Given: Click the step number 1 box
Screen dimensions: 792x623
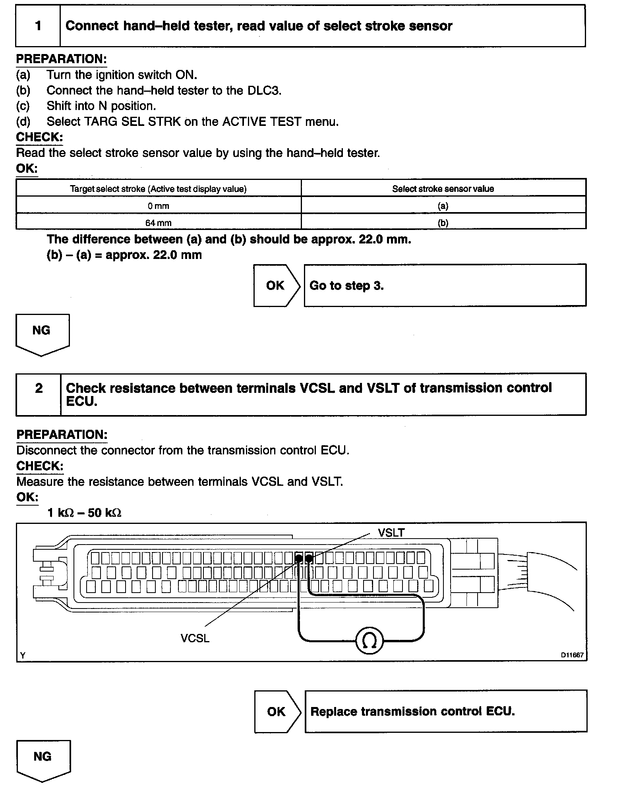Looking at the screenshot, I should click(38, 26).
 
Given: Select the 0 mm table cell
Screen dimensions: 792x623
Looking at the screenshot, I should click(158, 206).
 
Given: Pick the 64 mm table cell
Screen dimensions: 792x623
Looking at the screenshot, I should click(158, 222).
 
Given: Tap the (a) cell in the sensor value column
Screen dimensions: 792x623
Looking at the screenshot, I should click(443, 206).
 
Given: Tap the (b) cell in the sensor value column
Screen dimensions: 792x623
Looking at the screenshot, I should click(443, 222).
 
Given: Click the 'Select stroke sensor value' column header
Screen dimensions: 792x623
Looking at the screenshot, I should click(443, 189).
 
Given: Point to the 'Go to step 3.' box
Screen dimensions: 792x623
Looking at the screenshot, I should click(445, 285).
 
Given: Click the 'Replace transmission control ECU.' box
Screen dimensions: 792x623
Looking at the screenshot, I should click(445, 711).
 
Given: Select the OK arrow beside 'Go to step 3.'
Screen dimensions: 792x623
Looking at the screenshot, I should click(276, 285).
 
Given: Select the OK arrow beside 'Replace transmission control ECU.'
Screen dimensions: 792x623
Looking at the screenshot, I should click(277, 711).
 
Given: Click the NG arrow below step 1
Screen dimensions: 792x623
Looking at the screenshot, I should click(42, 334).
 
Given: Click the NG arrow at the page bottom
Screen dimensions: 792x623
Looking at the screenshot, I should click(43, 760).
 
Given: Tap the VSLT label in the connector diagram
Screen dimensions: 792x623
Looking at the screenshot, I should click(391, 533).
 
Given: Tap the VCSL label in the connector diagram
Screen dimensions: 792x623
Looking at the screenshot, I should click(195, 638).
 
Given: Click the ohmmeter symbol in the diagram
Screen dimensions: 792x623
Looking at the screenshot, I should click(370, 640).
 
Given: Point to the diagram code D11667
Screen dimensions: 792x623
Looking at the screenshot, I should click(572, 655).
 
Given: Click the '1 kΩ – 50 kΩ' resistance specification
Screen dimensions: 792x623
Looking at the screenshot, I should click(84, 513).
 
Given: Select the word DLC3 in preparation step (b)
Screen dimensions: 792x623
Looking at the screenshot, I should click(264, 90).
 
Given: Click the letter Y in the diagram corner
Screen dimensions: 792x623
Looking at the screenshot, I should click(23, 655).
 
